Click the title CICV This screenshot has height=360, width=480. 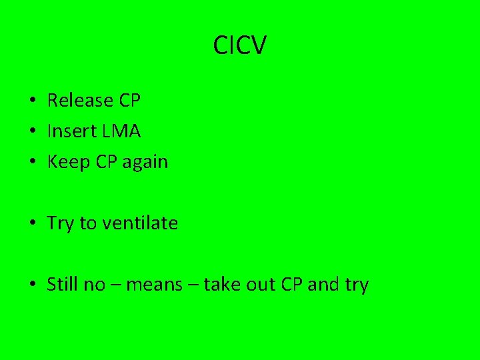click(240, 46)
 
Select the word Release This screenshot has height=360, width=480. click(80, 101)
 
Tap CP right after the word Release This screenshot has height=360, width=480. click(129, 101)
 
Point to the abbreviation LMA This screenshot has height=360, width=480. click(121, 131)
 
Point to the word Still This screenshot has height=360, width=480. click(63, 285)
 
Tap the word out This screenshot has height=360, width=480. click(262, 285)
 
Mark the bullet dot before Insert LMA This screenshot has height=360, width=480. click(32, 132)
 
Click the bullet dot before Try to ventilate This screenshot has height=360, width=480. click(32, 224)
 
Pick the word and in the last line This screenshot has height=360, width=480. click(324, 285)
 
